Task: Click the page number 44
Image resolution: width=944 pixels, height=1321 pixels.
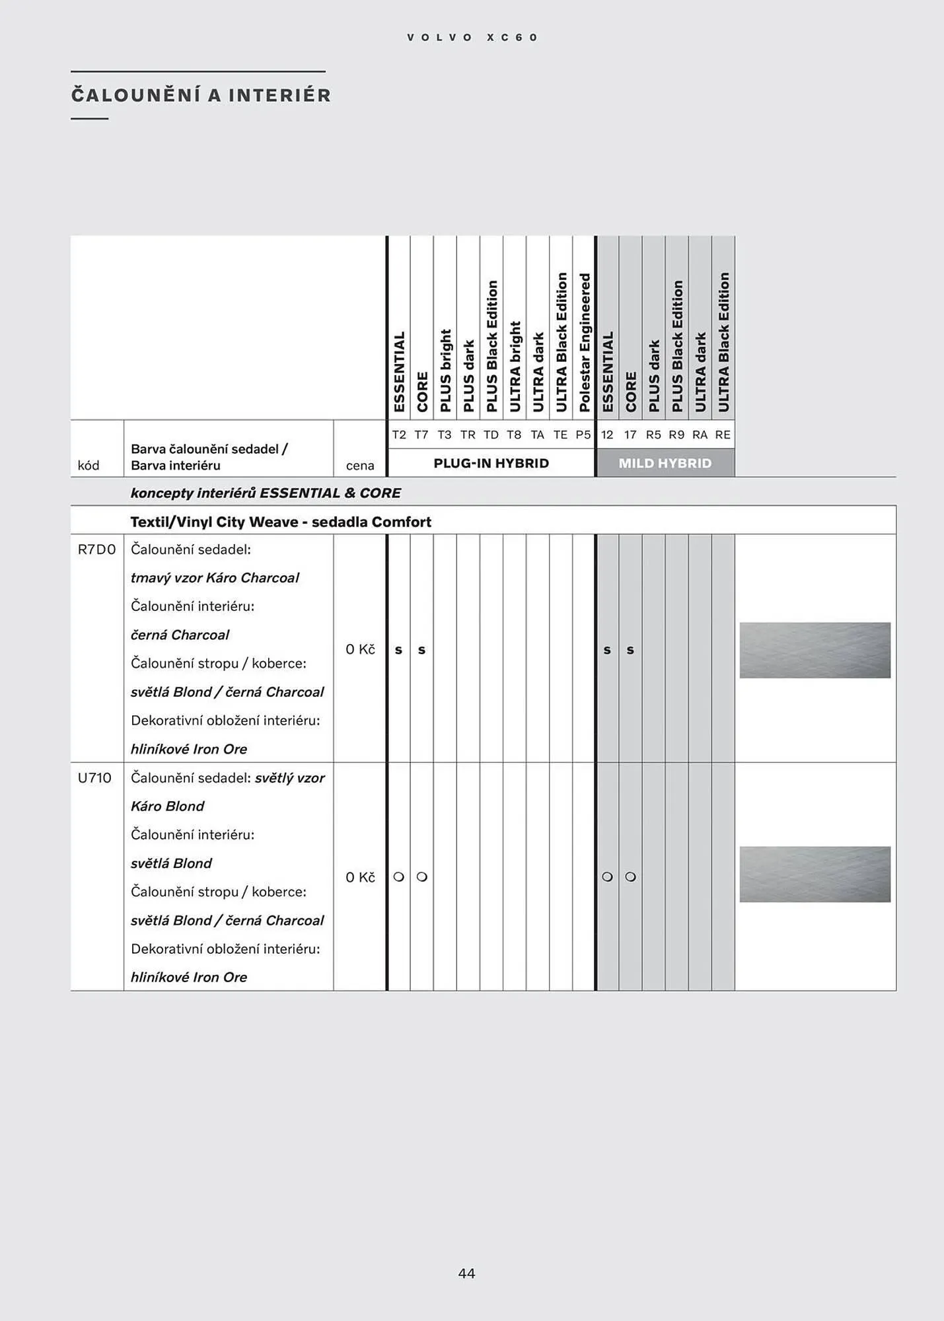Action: click(x=466, y=1273)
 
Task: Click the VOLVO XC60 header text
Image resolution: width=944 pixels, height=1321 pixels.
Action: click(x=472, y=38)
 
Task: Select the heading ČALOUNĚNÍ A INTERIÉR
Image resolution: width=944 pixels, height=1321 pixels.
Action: click(x=201, y=95)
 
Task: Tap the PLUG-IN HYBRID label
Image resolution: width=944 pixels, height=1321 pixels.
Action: click(x=491, y=463)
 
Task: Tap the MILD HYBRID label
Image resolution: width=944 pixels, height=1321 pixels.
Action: click(x=665, y=463)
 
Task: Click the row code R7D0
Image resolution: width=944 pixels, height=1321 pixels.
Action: click(x=96, y=550)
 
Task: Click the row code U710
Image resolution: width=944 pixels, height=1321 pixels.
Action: click(x=94, y=777)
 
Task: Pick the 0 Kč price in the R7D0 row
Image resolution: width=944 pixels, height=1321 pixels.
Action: click(x=360, y=649)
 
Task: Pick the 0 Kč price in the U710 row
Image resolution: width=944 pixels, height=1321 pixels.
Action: click(x=360, y=877)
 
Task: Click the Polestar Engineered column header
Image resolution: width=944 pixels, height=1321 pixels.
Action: click(x=584, y=343)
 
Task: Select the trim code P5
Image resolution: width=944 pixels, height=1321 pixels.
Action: click(x=583, y=435)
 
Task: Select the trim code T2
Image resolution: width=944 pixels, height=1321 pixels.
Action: click(x=399, y=435)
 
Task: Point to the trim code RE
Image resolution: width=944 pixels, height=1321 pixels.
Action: click(x=723, y=435)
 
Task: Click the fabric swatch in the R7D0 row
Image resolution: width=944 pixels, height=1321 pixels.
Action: click(x=815, y=650)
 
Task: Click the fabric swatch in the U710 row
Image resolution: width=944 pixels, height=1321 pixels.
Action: click(x=815, y=874)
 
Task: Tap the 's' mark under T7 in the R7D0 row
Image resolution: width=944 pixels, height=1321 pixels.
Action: click(x=421, y=650)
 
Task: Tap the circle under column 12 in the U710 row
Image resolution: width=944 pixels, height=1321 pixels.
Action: click(x=607, y=877)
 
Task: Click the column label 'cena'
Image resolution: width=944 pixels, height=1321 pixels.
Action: click(x=360, y=466)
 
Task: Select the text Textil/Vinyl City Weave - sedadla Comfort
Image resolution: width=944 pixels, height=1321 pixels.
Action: click(x=281, y=522)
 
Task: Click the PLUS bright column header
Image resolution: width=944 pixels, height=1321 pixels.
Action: click(x=445, y=370)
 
